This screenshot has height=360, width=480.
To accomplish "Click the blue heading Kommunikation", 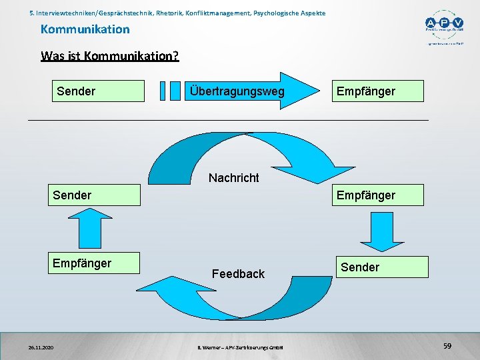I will point(85,29).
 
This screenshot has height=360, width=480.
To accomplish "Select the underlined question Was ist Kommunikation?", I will point(109,55).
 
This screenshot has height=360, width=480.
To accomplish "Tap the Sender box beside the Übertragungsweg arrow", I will point(99,91).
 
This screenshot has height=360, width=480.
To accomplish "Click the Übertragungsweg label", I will point(237,91).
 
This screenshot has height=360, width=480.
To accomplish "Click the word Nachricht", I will point(233,177).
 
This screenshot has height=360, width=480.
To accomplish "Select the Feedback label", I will point(238,273).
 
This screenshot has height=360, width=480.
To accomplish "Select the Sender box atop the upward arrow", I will point(94,195).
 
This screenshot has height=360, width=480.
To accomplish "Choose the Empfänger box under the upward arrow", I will point(93,263).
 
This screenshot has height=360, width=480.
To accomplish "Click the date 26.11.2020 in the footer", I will point(41,347).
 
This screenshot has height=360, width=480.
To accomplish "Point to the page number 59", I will point(447,346).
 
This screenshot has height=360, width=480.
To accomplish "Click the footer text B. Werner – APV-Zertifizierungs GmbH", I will point(241,347).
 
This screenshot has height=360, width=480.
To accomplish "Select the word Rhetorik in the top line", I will point(169,13).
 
